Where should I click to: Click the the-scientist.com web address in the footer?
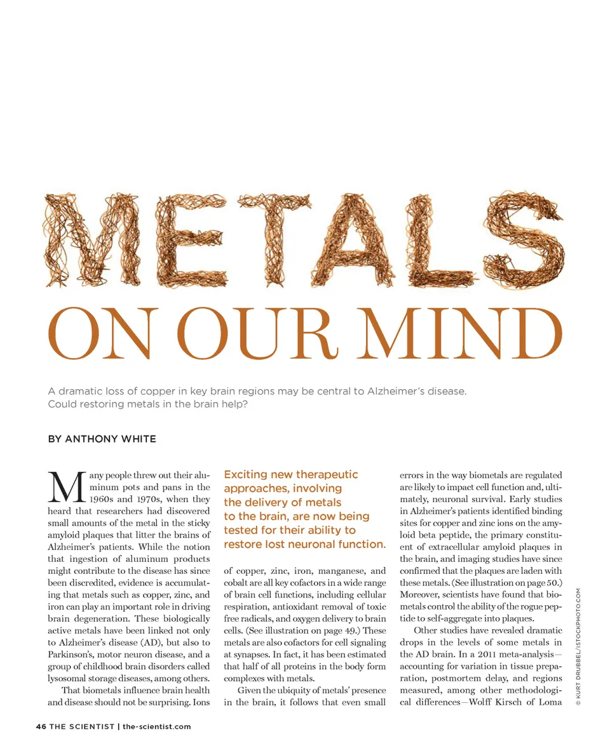(156, 726)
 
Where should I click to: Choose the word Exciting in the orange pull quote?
(247, 475)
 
